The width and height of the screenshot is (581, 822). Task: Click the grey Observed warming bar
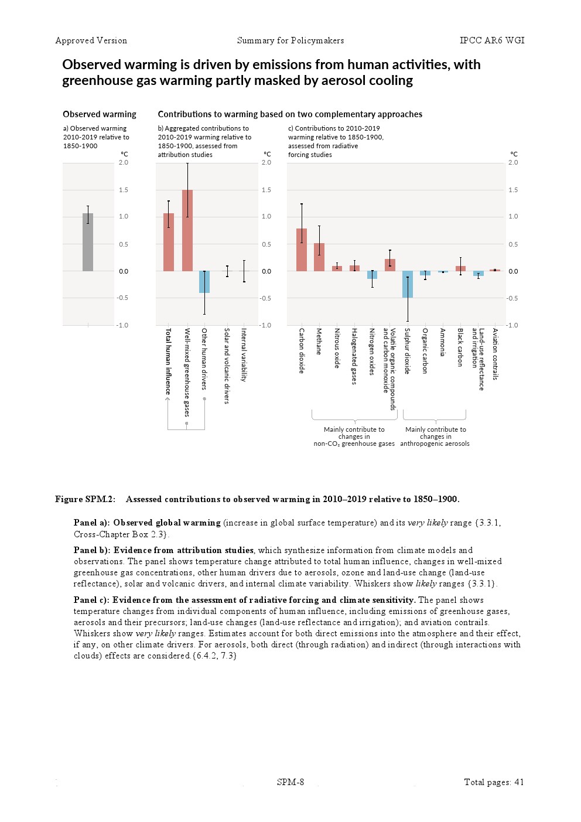coord(88,242)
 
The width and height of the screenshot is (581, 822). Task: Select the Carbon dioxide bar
coord(302,250)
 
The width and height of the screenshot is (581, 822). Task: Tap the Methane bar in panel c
coord(319,257)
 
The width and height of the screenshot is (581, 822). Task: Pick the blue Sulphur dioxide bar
coord(408,284)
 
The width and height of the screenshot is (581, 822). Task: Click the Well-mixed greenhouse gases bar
coord(187,230)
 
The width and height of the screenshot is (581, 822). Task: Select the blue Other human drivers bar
coord(204,282)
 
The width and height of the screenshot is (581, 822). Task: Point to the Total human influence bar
coord(169,242)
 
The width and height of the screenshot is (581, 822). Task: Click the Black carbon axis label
coord(460,347)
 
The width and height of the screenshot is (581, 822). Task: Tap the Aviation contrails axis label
coord(495,354)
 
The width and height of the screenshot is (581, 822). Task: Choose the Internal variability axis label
coord(244,354)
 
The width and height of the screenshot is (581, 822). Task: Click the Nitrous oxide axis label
coord(337,348)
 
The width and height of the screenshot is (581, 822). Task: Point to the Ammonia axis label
coord(443,342)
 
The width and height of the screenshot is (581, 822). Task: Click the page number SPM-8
coord(290,782)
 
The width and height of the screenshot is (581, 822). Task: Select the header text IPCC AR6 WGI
coord(492,40)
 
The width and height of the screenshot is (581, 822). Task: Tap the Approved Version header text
coord(91,40)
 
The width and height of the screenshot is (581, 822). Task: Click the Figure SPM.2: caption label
coord(86,499)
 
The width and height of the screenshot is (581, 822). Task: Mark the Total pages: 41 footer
coord(494,782)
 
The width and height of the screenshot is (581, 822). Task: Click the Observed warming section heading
coord(100,114)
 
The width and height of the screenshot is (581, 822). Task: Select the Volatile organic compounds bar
coord(390,265)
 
